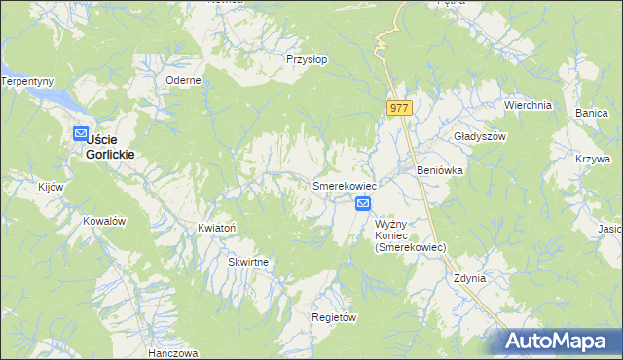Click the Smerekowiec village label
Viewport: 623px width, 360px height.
coord(344,185)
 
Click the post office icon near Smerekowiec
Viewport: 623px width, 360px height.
coord(363,203)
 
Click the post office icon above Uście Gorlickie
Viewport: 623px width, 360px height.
coord(81,135)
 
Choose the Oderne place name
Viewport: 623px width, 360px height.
coord(183,80)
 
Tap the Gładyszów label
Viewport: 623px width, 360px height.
coord(481,137)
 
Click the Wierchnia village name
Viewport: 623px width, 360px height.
coord(528,105)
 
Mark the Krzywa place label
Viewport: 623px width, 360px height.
coord(605,158)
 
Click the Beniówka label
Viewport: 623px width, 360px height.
coord(439,170)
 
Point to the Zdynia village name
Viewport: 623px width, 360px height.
coord(469,278)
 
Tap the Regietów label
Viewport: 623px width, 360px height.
coord(334,318)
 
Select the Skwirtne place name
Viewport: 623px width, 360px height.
coord(248,263)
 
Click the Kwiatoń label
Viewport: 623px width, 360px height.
coord(217,228)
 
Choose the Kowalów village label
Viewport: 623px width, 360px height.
coord(105,221)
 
